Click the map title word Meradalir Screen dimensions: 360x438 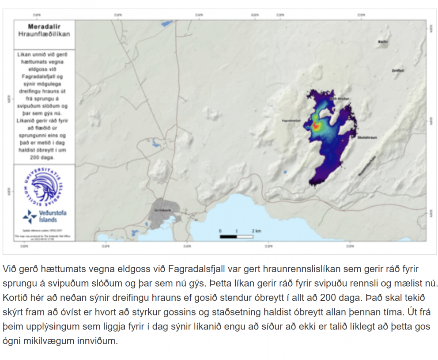coord(44,27)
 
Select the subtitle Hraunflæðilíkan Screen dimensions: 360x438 coord(44,34)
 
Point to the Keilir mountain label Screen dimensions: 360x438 coord(382,42)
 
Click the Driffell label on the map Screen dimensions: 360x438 coord(398,71)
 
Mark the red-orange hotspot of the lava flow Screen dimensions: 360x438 coord(316,125)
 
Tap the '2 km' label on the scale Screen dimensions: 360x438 coord(257,231)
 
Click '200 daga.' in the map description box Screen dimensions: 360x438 coord(44,157)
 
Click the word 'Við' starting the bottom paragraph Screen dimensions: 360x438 coord(9,269)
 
